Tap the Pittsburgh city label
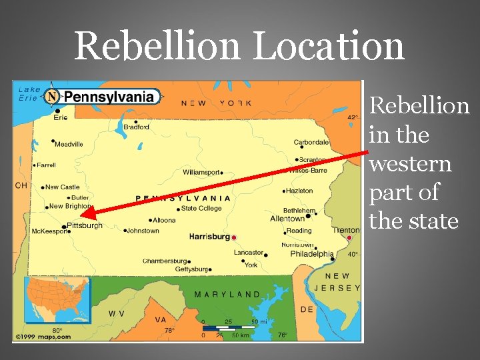(85, 226)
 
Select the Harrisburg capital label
(209, 237)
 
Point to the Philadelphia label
(312, 253)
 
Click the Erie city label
(61, 117)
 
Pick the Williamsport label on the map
(201, 172)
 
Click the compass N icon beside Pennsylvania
(52, 97)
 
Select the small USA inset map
(57, 300)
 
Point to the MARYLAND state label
(227, 294)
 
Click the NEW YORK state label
(216, 103)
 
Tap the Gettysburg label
(191, 269)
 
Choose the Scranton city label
(312, 160)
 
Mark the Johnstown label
(143, 231)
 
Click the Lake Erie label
(29, 93)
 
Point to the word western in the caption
(410, 163)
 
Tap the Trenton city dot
(349, 237)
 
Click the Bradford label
(137, 127)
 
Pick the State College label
(201, 208)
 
